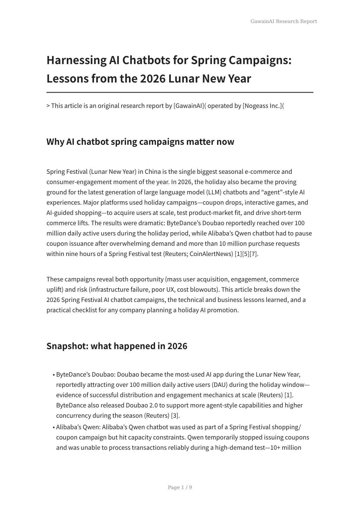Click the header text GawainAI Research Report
point(284,21)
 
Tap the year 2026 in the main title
point(153,79)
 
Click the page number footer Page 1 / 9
point(180,487)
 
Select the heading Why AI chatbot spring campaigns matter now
point(140,141)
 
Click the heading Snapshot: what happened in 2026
point(117,346)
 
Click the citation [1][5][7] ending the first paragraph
point(246,254)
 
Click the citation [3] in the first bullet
point(175,416)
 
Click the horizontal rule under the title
point(180,92)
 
